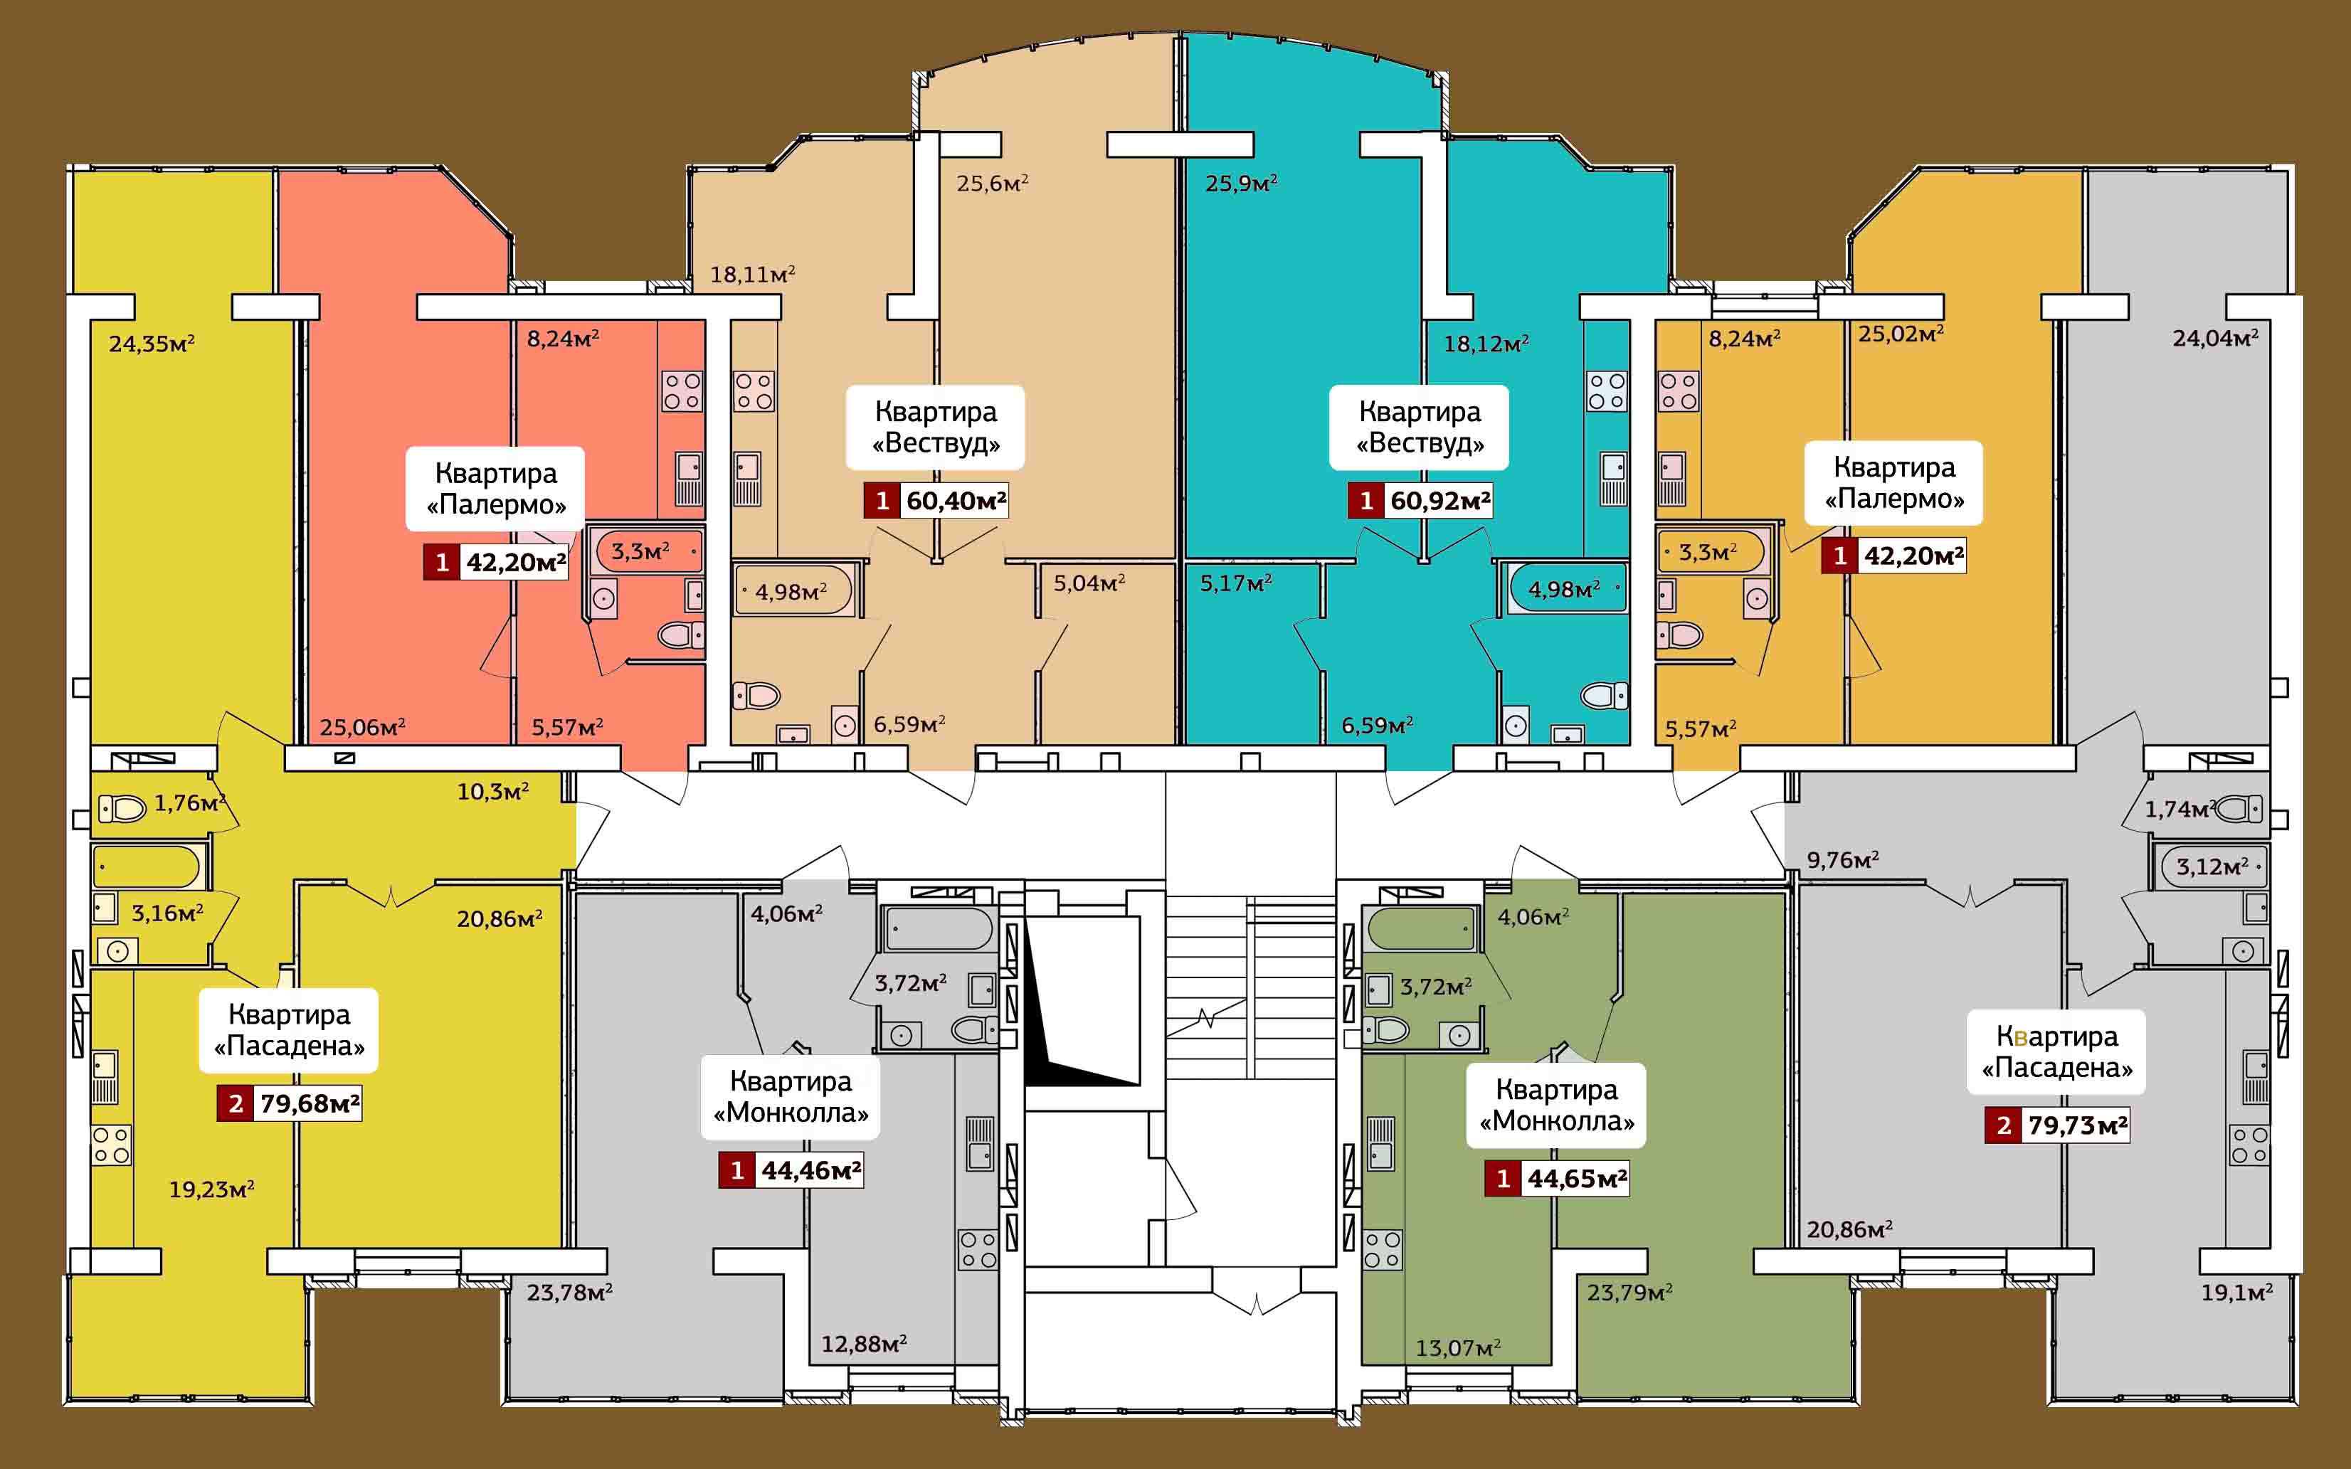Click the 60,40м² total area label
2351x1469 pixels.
956,500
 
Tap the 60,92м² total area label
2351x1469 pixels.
1439,500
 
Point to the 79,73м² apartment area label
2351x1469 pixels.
2077,1125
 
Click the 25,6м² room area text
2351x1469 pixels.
992,183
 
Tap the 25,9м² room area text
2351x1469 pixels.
1240,183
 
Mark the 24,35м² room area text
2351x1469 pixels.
152,343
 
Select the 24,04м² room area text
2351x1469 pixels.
2215,338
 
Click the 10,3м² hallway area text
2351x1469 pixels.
492,791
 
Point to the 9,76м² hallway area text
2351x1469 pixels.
1842,860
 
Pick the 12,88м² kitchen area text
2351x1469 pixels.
864,1344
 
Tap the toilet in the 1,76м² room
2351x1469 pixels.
122,807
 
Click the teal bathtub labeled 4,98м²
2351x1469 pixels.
1567,589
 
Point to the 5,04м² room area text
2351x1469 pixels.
1089,583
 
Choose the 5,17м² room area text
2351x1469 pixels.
1236,583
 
